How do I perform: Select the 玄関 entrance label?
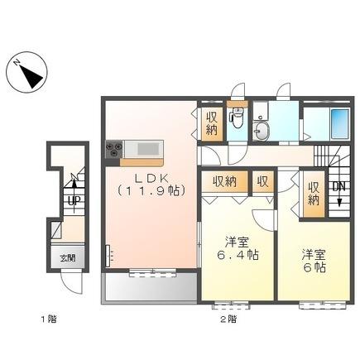coord(66,258)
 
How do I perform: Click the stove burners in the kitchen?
coord(113,148)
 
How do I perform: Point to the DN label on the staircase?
coord(338,187)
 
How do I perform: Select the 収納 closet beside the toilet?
coord(212,124)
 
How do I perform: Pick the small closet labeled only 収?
coord(262,181)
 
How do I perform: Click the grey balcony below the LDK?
coord(149,286)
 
